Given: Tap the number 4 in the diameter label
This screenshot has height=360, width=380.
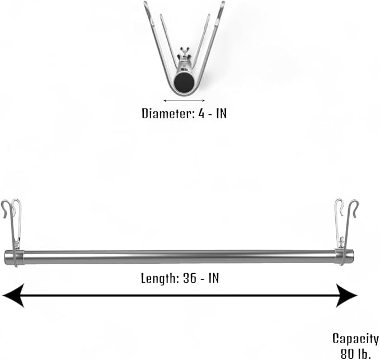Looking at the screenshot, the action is tap(201, 113).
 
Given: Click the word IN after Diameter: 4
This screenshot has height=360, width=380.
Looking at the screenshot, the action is tap(222, 113).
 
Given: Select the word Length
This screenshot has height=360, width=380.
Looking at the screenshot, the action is tap(159, 278).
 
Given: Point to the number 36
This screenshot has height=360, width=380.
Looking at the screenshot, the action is tap(190, 278).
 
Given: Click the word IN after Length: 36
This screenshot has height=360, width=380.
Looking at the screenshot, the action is tap(214, 278).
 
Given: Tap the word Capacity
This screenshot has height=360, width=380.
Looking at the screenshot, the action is tap(355, 339).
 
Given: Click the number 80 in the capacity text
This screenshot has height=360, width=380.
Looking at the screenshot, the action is tap(348, 354).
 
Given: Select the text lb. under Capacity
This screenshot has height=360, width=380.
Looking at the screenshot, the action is tap(364, 354).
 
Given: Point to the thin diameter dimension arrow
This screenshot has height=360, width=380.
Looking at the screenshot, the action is tap(184, 100).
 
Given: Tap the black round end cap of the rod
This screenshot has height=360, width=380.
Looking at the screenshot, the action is tap(184, 83).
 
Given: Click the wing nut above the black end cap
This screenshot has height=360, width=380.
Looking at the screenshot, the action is tap(184, 53).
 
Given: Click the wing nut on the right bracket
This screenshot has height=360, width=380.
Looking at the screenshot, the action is tap(342, 241).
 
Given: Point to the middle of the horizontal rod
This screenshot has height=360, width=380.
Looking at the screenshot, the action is tap(179, 257).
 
